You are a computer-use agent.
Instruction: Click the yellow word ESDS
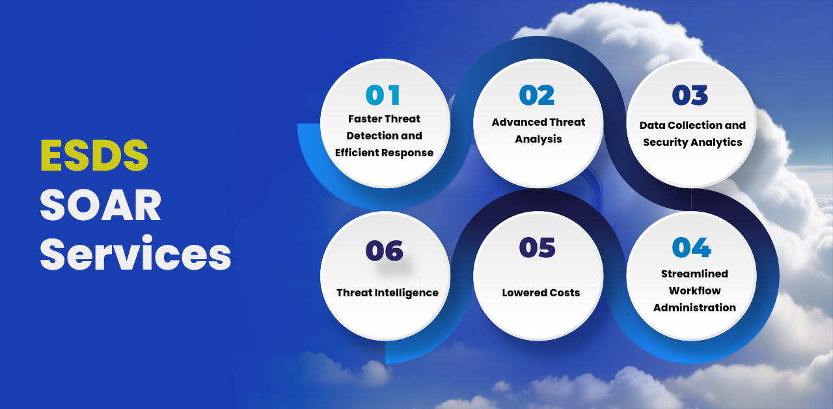tap(94, 155)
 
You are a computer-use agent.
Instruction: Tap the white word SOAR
tap(100, 204)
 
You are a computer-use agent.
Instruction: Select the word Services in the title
tap(135, 253)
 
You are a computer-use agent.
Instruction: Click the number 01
tap(383, 95)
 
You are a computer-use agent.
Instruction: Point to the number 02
tap(537, 95)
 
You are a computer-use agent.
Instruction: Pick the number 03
tap(690, 95)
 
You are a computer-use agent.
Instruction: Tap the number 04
tap(692, 247)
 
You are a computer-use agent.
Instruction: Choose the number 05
tap(538, 247)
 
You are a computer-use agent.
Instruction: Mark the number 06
tap(385, 251)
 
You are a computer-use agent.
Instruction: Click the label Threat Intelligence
tap(387, 293)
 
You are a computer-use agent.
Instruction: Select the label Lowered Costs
tap(541, 293)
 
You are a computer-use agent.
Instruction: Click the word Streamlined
tap(694, 274)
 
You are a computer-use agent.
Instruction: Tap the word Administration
tap(694, 308)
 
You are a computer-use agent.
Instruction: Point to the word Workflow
tap(694, 290)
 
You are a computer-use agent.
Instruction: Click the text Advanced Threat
tap(538, 122)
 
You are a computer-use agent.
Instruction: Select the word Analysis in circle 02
tap(538, 139)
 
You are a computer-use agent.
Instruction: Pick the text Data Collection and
tap(693, 126)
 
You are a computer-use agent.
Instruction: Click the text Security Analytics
tap(693, 143)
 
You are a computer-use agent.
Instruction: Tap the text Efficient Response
tap(384, 153)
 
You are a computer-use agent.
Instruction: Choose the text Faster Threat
tap(384, 119)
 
